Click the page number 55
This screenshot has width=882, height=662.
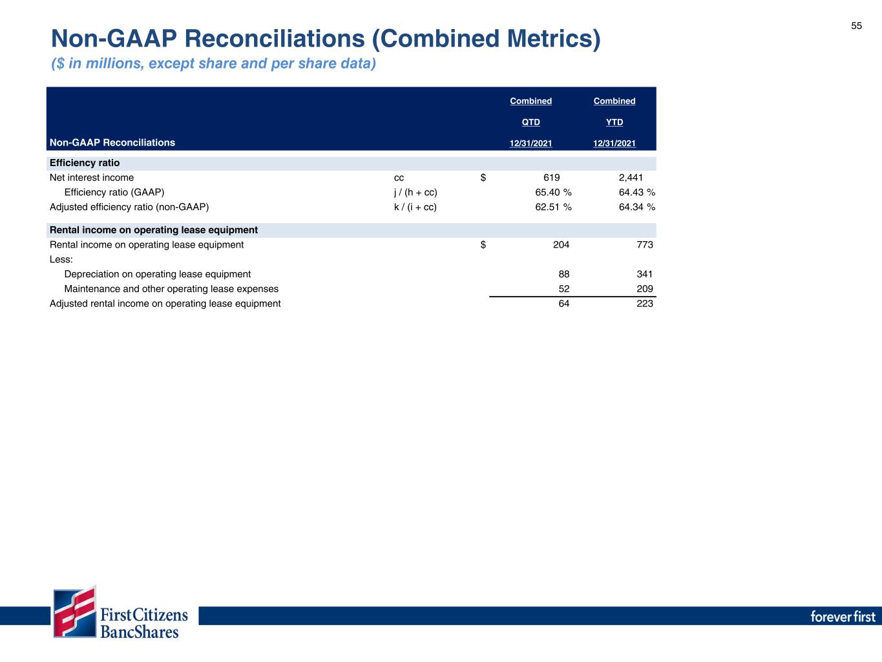856,26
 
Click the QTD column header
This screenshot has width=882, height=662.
530,122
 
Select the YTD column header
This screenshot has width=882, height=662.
614,122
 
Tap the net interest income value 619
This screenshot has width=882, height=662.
551,178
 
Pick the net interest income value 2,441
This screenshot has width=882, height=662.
630,178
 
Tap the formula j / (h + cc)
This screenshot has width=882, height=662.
415,192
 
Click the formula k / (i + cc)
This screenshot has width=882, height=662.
415,207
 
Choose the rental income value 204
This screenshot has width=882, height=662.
561,244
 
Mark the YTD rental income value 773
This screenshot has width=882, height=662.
644,244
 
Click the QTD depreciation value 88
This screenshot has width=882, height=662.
564,274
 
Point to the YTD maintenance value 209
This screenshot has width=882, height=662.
644,289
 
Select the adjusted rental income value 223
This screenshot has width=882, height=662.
644,303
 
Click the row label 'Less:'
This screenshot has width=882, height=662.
61,259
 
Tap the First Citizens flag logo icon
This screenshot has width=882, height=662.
74,612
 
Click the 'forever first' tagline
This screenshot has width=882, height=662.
843,616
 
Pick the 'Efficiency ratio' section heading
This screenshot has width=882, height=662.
85,163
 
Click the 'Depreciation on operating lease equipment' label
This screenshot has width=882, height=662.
158,274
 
